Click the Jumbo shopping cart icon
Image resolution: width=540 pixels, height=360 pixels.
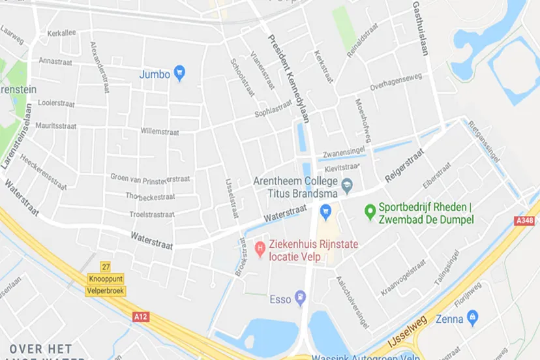point(181,74)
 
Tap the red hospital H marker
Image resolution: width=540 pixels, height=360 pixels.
point(260,247)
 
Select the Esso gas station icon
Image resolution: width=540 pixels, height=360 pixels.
point(300,299)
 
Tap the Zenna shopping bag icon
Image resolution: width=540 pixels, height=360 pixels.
point(473,318)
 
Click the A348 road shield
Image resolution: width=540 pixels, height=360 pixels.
point(526,221)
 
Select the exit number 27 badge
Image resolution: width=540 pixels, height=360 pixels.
point(106,267)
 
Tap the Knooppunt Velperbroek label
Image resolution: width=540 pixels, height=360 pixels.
point(106,284)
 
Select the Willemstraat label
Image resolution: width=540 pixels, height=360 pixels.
point(160,130)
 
